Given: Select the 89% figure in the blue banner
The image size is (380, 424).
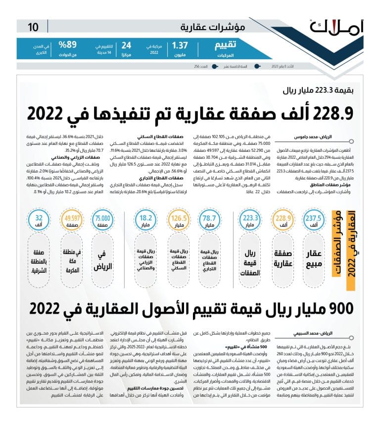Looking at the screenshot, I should (x=67, y=45).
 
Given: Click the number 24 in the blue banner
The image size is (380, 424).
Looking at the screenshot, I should (x=127, y=46).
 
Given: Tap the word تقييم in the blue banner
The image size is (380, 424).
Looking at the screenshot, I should (x=227, y=46).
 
